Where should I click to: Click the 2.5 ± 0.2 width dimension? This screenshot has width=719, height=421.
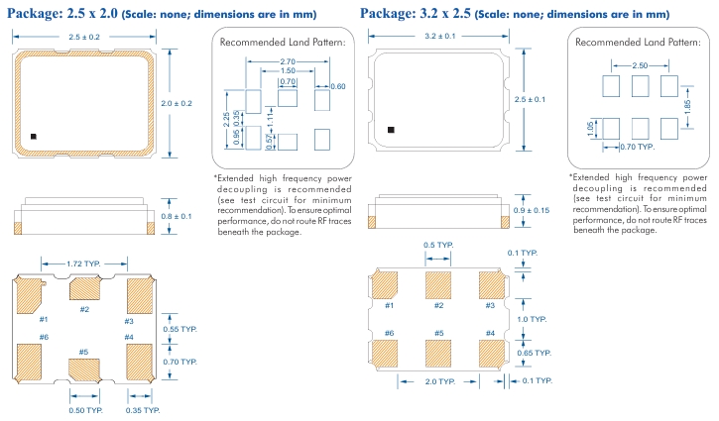[x=83, y=37]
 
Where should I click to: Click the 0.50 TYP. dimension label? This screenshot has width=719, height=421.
[x=86, y=409]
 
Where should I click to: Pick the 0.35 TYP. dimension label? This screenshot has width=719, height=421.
[x=143, y=409]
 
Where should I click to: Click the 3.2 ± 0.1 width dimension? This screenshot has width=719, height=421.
[x=439, y=37]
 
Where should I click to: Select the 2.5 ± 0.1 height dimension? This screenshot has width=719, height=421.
[x=532, y=100]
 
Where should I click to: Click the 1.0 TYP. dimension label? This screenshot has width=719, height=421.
[x=533, y=319]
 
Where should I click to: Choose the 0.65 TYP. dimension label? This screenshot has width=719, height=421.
[x=536, y=352]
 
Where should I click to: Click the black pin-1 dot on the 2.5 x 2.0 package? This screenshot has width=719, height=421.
[x=33, y=136]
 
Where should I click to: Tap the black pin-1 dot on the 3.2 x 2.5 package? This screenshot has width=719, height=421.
[x=390, y=129]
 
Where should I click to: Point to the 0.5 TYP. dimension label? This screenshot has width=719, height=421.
[x=437, y=246]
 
